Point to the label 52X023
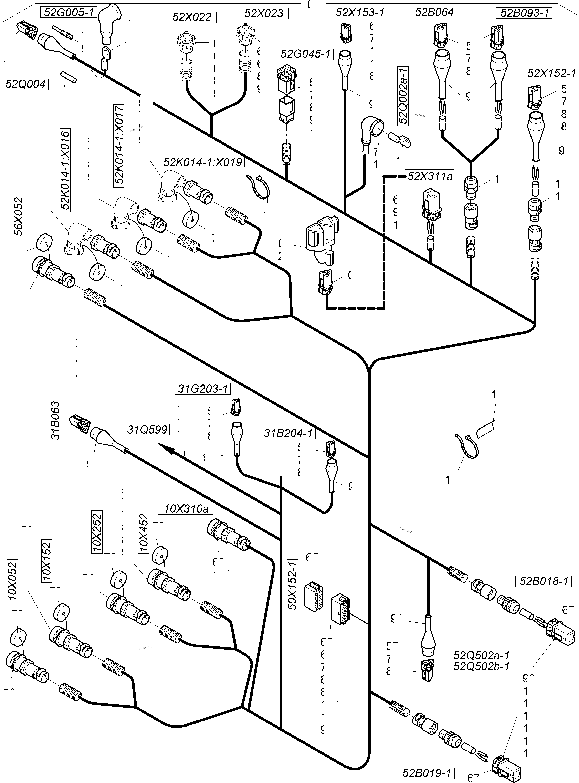point(264,13)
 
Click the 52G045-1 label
point(305,54)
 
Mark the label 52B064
point(434,12)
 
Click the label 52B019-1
point(426,770)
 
